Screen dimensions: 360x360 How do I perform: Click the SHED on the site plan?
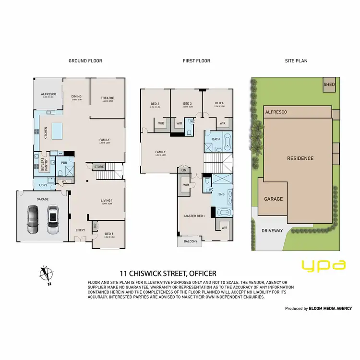[x=329, y=85]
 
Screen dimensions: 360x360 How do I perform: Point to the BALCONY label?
[x=190, y=241]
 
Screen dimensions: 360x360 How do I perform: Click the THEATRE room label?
[x=108, y=98]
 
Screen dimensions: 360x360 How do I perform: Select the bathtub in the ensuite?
[x=223, y=213]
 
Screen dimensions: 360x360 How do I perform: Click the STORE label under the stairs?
[x=99, y=167]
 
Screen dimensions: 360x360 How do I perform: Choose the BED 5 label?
[x=110, y=234]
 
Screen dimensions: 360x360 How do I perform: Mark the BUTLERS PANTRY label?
[x=42, y=163]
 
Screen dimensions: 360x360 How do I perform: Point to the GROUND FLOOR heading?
[x=85, y=61]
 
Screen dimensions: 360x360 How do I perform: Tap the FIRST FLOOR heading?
[x=196, y=61]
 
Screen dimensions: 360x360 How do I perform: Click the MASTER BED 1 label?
[x=194, y=216]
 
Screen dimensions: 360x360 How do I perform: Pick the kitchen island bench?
[x=58, y=129]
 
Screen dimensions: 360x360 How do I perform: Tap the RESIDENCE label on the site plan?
[x=300, y=158]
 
